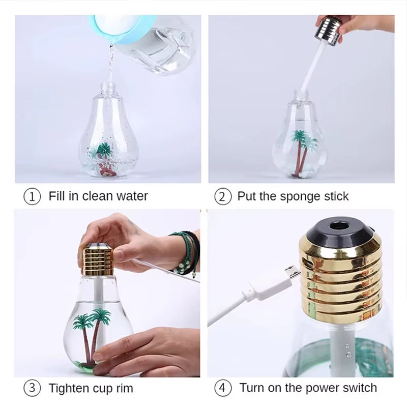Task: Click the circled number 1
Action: click(x=33, y=196)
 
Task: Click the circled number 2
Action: click(x=222, y=196)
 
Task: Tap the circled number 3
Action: click(x=33, y=388)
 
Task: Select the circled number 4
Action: click(x=222, y=388)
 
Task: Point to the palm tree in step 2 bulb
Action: click(x=304, y=145)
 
